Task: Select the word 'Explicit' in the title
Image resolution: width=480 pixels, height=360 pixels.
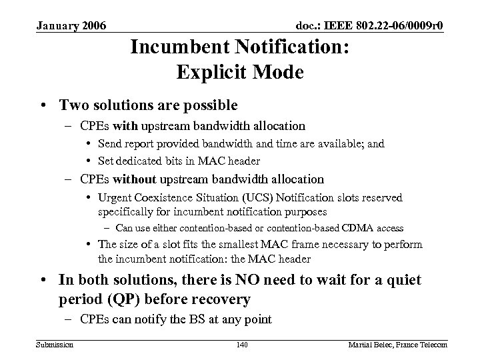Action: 211,71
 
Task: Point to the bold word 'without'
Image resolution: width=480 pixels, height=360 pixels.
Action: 135,179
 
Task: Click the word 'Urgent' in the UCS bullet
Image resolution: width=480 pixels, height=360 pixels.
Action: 115,197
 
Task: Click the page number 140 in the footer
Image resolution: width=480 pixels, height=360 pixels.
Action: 241,344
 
